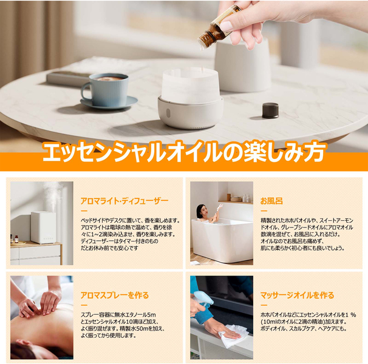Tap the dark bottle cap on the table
point(270,110)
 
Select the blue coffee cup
point(107,89)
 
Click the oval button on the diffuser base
point(168,113)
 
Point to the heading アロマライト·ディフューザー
point(124,201)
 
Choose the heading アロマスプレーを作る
point(115,295)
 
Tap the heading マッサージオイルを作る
point(297,295)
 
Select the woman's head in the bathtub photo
point(201,211)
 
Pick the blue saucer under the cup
point(109,103)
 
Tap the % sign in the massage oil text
point(354,315)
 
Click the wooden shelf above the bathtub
point(236,201)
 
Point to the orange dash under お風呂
point(264,211)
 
